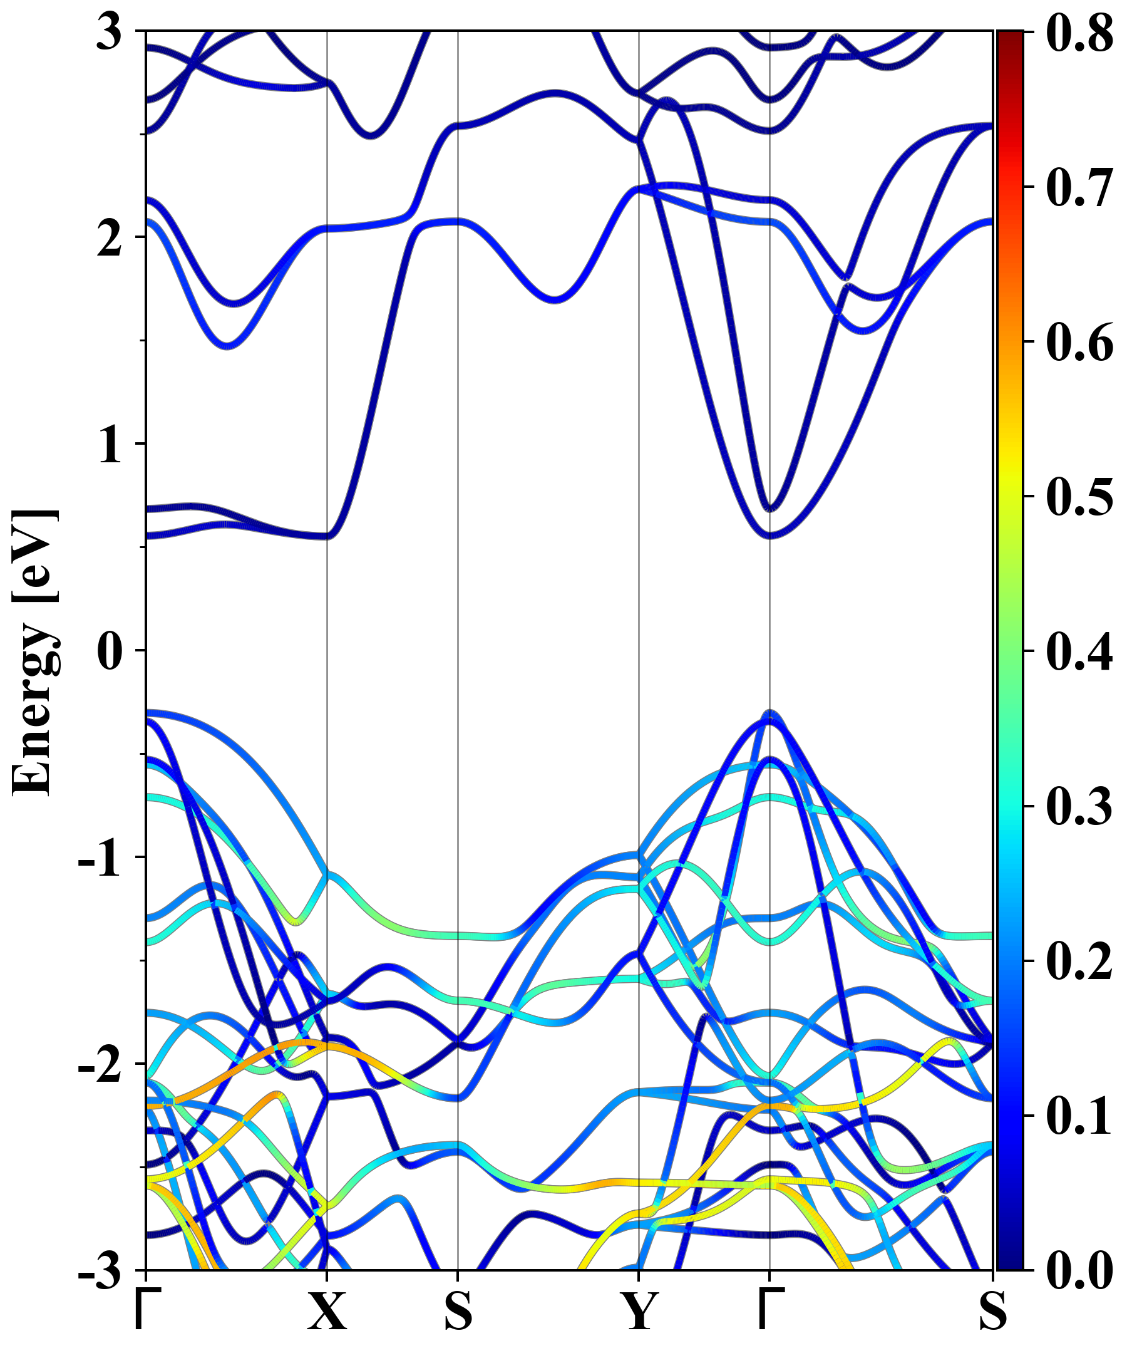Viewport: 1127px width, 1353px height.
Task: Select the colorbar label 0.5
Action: [1079, 497]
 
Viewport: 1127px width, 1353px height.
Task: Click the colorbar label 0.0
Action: [1079, 1270]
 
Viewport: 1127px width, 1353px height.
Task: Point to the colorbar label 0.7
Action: [1079, 187]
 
